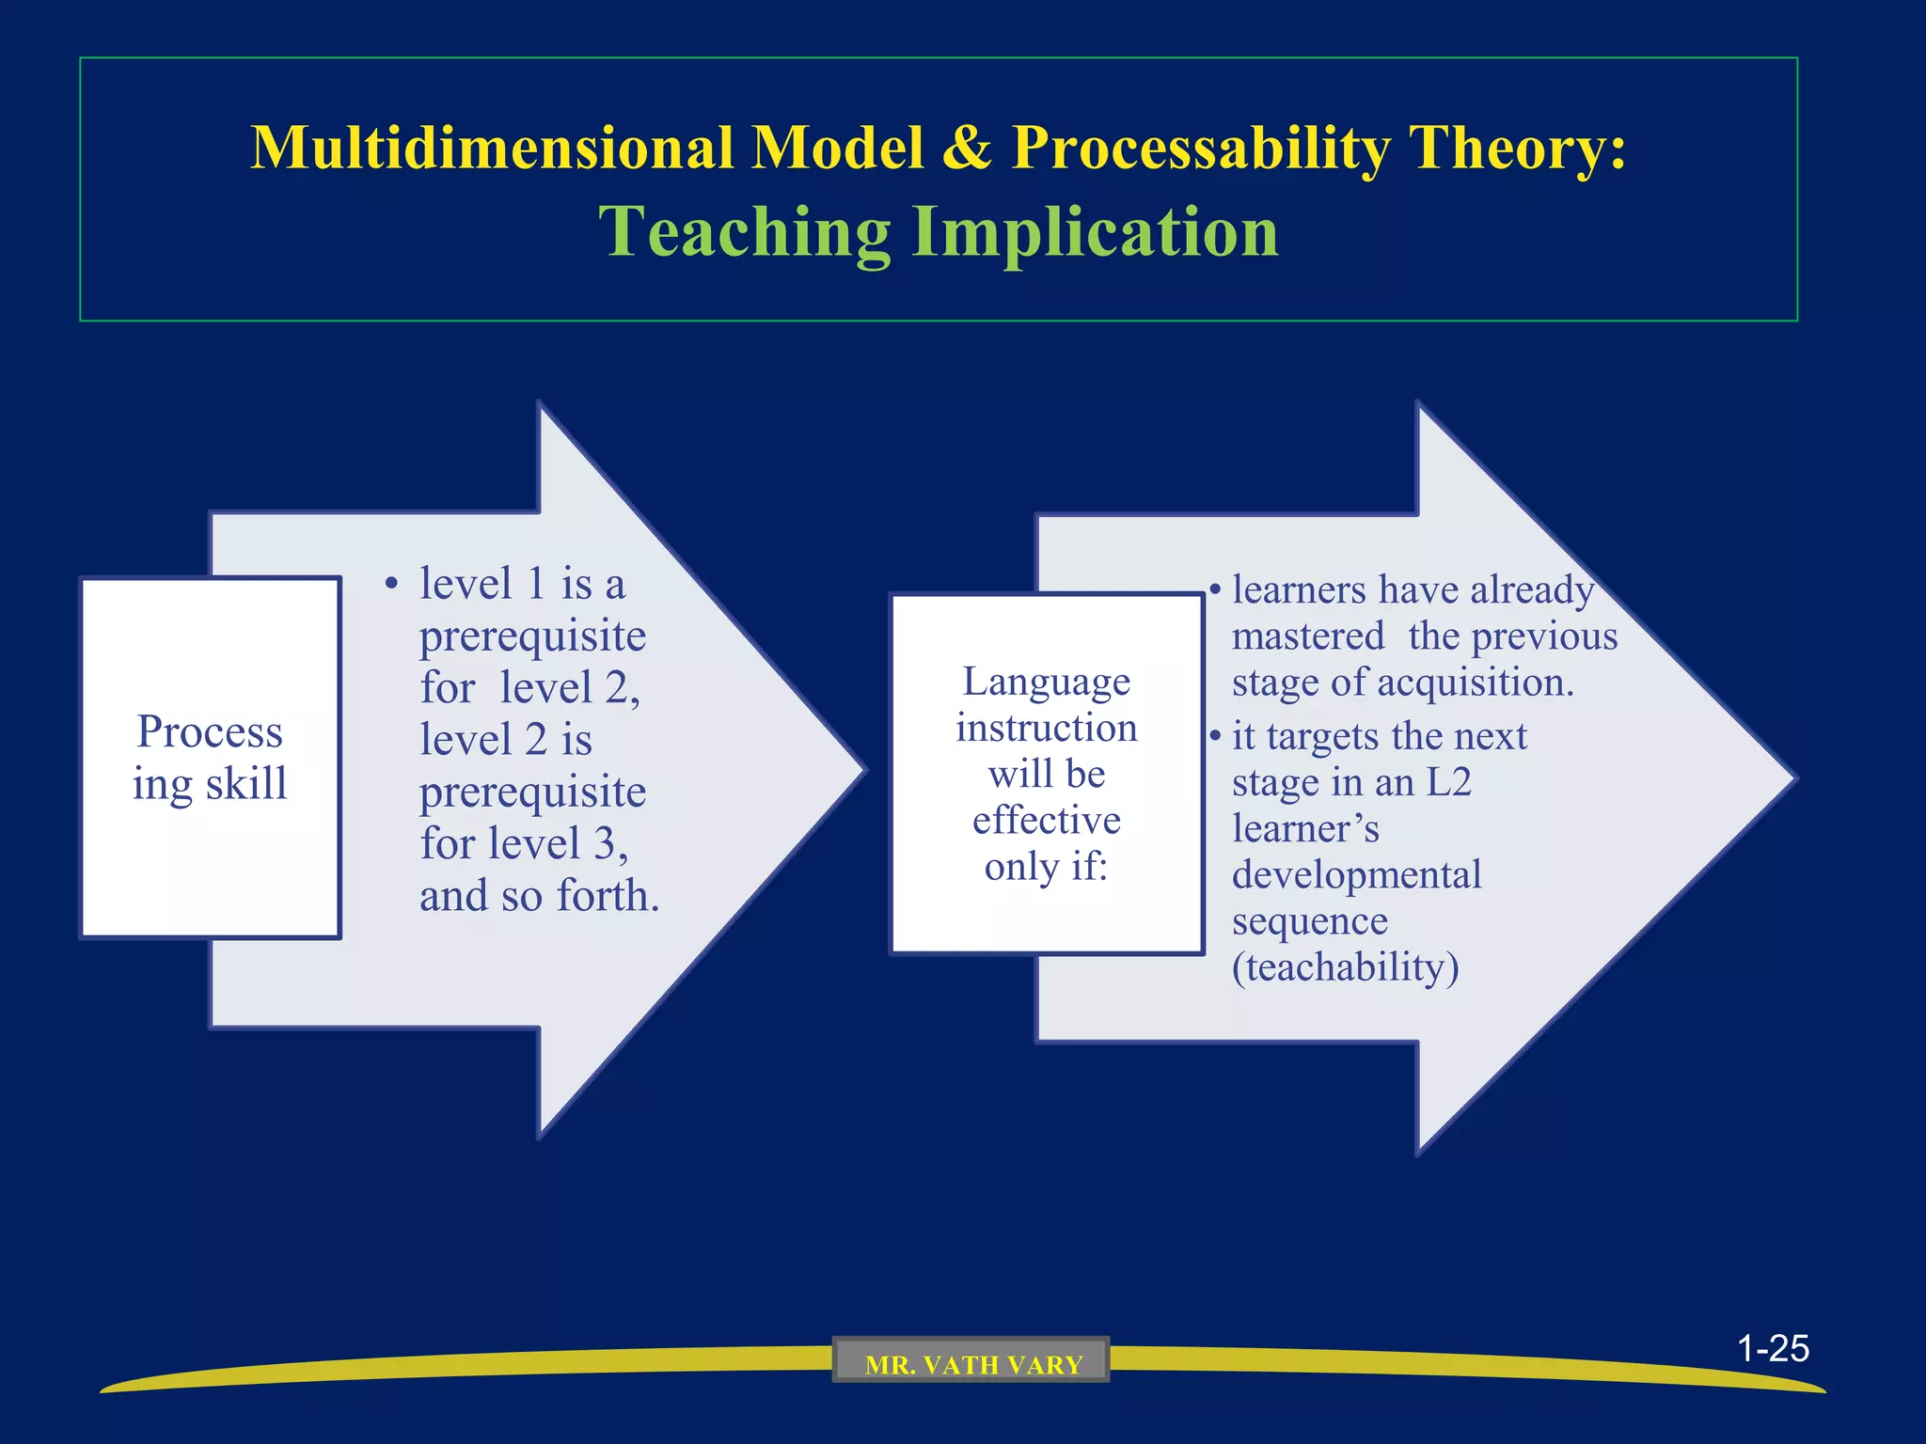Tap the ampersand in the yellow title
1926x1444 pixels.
pyautogui.click(x=967, y=149)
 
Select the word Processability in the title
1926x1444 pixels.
pyautogui.click(x=1200, y=149)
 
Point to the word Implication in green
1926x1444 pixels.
pyautogui.click(x=1096, y=232)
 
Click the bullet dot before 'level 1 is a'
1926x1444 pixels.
pyautogui.click(x=391, y=585)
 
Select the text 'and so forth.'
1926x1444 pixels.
pyautogui.click(x=539, y=896)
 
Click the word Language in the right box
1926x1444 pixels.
pyautogui.click(x=1046, y=682)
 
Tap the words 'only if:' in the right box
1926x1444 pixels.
pyautogui.click(x=1046, y=866)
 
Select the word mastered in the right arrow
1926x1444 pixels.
pyautogui.click(x=1308, y=636)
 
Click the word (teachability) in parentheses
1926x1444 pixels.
pyautogui.click(x=1345, y=967)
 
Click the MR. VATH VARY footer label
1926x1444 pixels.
pyautogui.click(x=972, y=1364)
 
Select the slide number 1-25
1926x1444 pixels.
pyautogui.click(x=1773, y=1348)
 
